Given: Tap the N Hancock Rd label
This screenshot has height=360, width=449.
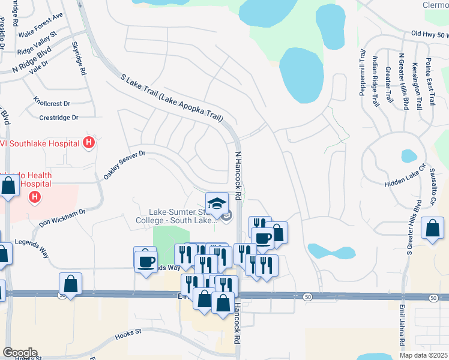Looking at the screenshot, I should (x=237, y=176).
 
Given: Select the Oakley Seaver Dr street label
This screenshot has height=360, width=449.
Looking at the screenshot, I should (x=124, y=166).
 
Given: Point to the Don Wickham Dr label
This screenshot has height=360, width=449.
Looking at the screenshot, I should (x=63, y=218).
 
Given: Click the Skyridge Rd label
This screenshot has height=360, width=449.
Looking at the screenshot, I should (x=79, y=58).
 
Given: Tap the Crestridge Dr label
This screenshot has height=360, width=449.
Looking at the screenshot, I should (x=59, y=118).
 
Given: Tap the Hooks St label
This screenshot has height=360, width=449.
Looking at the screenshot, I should (x=128, y=331).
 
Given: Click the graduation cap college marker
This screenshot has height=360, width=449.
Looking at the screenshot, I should (x=217, y=202).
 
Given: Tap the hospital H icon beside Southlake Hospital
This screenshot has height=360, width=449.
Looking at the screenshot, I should (x=89, y=143).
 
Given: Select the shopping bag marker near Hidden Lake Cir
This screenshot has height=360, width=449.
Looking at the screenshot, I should (x=432, y=228).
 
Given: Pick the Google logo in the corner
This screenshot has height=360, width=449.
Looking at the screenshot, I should (x=20, y=353).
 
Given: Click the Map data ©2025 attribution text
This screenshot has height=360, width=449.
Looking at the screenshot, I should (x=424, y=355).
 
